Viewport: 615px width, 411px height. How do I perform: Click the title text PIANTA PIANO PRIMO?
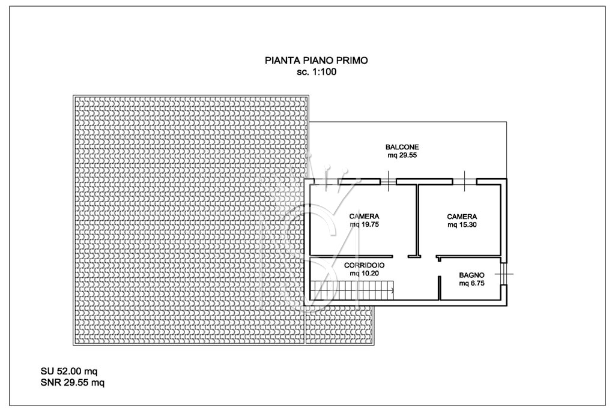(x=316, y=61)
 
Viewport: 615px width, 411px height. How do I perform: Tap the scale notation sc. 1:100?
(x=316, y=72)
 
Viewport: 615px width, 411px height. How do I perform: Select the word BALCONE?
(x=402, y=147)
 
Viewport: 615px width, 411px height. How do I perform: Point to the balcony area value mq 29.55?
(x=402, y=155)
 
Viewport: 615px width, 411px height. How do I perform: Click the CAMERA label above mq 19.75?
(x=364, y=216)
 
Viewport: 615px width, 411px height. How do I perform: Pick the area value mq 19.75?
(x=364, y=225)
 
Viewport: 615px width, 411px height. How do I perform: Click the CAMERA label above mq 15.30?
(x=462, y=216)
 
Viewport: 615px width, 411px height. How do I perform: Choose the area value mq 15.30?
(x=462, y=225)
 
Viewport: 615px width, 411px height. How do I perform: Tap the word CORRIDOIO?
(x=364, y=265)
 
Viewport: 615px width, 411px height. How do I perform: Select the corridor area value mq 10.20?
(x=364, y=274)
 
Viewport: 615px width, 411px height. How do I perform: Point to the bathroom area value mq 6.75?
(x=471, y=283)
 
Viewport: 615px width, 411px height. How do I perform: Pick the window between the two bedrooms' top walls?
(x=389, y=181)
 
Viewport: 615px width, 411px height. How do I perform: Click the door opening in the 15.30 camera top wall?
(x=464, y=181)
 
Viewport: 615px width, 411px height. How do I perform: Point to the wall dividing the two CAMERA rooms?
(x=417, y=219)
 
